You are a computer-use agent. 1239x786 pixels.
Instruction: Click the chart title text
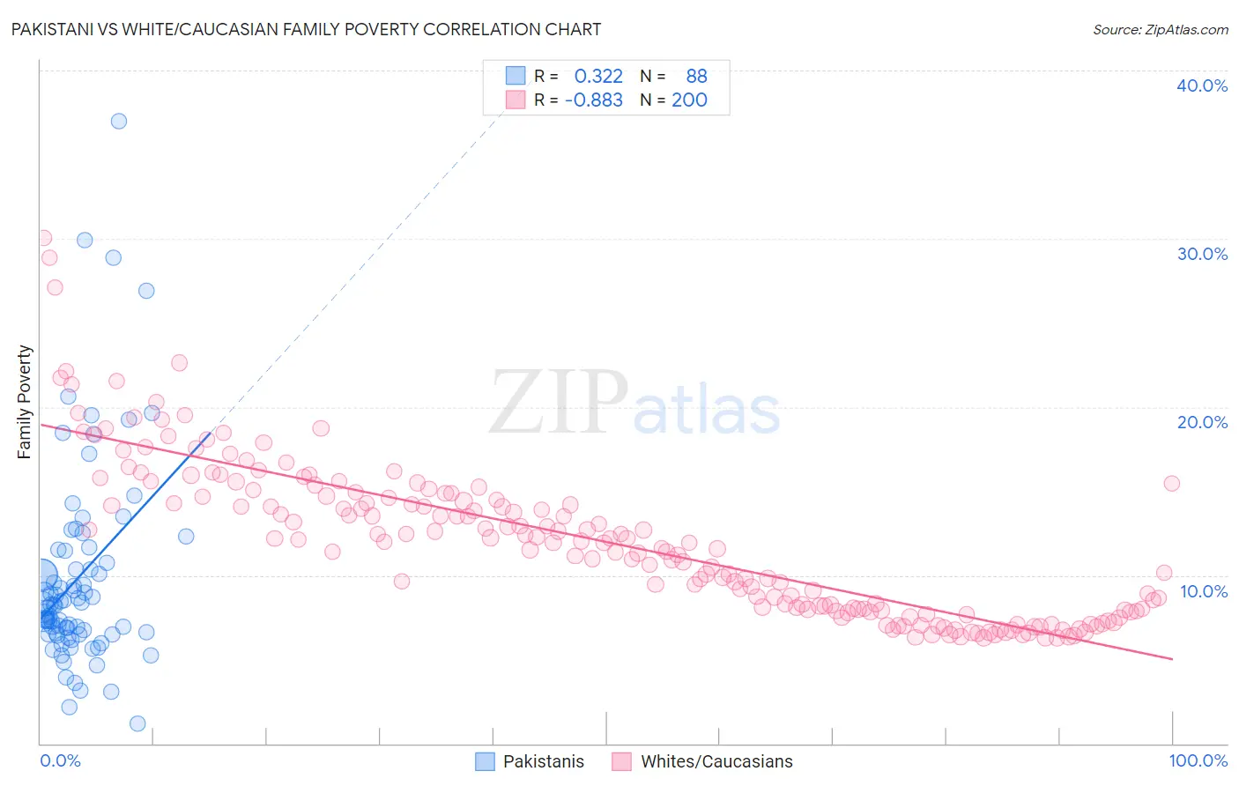(x=306, y=29)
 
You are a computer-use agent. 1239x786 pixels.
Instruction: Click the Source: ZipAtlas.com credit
(x=1160, y=29)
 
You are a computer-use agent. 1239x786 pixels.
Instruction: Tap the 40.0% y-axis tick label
(x=1202, y=85)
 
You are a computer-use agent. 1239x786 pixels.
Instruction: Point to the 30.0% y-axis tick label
(x=1202, y=254)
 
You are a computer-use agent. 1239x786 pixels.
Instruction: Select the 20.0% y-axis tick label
(x=1202, y=422)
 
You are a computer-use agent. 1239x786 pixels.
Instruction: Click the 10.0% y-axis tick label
(x=1204, y=591)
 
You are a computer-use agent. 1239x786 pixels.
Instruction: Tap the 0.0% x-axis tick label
(x=60, y=760)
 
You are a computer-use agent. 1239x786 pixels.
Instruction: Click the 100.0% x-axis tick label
(x=1198, y=760)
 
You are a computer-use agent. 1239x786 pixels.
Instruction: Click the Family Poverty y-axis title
(x=25, y=402)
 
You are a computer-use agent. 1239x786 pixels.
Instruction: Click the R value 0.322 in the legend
(x=598, y=77)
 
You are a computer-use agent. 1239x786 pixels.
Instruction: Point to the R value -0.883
(x=594, y=100)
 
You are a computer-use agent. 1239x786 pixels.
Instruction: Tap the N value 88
(x=696, y=77)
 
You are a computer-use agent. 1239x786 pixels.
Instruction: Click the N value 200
(x=689, y=100)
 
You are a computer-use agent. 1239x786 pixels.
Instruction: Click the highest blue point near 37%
(x=119, y=121)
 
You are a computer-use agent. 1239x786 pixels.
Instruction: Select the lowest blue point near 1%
(x=137, y=723)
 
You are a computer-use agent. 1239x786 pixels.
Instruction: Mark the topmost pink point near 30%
(x=43, y=238)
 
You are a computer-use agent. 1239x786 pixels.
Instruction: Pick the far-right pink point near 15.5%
(x=1171, y=483)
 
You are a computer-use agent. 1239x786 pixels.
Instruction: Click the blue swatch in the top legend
(x=516, y=76)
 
